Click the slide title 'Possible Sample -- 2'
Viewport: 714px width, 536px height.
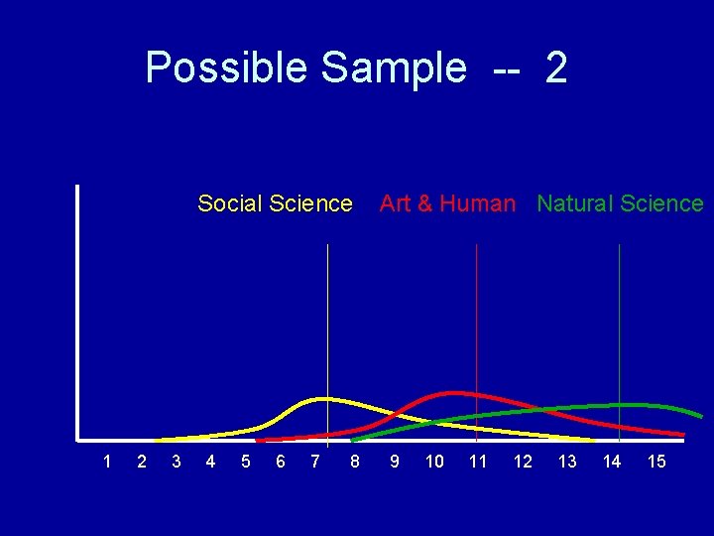[356, 68]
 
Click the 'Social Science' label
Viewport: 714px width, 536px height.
[275, 203]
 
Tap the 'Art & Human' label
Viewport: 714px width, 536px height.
[447, 203]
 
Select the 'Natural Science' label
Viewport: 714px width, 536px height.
[620, 203]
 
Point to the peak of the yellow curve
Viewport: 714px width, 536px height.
[323, 399]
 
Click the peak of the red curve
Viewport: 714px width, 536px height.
[454, 393]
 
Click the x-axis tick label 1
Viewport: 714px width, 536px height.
[107, 462]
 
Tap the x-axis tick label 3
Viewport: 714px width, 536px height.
[177, 462]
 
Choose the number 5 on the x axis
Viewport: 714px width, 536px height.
[245, 462]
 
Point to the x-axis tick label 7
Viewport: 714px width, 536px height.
[314, 462]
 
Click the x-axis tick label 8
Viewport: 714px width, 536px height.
[355, 462]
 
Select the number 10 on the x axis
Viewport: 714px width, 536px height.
[434, 462]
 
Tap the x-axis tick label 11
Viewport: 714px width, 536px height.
[478, 462]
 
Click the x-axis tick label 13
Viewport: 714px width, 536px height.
[567, 462]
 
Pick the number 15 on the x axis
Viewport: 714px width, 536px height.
[656, 462]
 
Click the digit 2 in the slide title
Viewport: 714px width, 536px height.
[556, 68]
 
